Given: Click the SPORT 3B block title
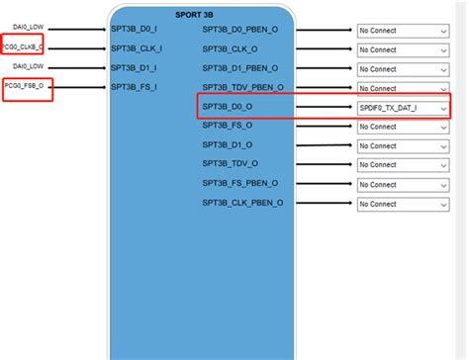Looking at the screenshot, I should click(x=201, y=16).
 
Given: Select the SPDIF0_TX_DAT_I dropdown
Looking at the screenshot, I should click(x=404, y=107).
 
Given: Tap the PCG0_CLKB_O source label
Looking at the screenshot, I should click(x=25, y=47).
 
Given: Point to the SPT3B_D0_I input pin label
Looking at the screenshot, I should click(x=135, y=29).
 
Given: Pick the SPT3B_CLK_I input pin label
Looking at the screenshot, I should click(x=137, y=48).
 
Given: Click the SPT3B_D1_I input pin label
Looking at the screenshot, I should click(x=135, y=67).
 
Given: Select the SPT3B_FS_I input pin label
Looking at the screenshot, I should click(x=136, y=87).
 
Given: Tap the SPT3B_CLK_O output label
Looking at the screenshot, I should click(x=231, y=48).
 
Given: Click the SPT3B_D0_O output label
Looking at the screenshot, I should click(x=229, y=107).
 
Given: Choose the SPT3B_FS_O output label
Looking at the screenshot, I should click(x=229, y=126).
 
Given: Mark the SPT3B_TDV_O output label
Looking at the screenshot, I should click(x=231, y=164).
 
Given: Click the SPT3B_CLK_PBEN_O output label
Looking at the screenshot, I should click(x=243, y=203).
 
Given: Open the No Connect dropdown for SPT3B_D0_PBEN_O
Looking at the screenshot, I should click(x=404, y=30).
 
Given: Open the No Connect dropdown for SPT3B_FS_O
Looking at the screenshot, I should click(x=404, y=126).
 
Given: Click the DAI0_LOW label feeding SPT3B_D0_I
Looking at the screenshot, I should click(x=27, y=29).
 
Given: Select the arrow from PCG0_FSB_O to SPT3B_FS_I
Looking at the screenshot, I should click(x=79, y=87).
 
